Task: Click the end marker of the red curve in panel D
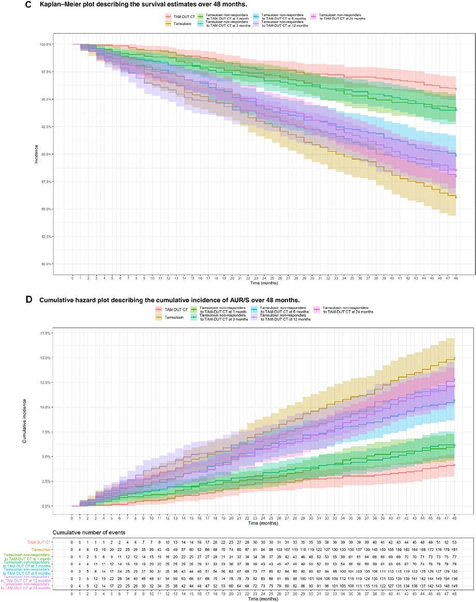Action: point(454,465)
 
